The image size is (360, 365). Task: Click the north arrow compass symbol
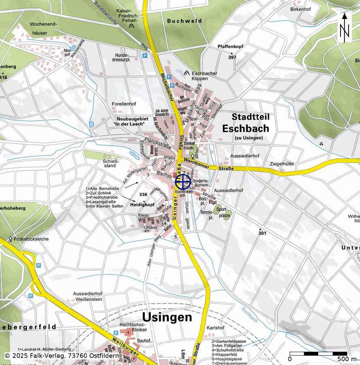click(x=345, y=28)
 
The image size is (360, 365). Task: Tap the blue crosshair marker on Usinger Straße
click(x=183, y=182)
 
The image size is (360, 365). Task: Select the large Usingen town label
click(x=167, y=317)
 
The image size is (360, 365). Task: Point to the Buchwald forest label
click(x=184, y=21)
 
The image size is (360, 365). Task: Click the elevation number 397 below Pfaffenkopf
click(x=232, y=57)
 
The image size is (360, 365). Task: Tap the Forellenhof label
click(x=124, y=104)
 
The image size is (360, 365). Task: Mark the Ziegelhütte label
click(x=282, y=164)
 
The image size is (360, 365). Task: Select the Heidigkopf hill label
click(x=143, y=205)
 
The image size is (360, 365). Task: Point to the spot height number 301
click(x=262, y=233)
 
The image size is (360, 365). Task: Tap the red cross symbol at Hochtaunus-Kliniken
click(x=128, y=332)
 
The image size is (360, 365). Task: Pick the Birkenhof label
click(x=300, y=9)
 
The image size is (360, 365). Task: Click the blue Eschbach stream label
click(x=249, y=315)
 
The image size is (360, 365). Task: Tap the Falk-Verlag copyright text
click(x=62, y=356)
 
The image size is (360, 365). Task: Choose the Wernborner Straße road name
click(x=209, y=165)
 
